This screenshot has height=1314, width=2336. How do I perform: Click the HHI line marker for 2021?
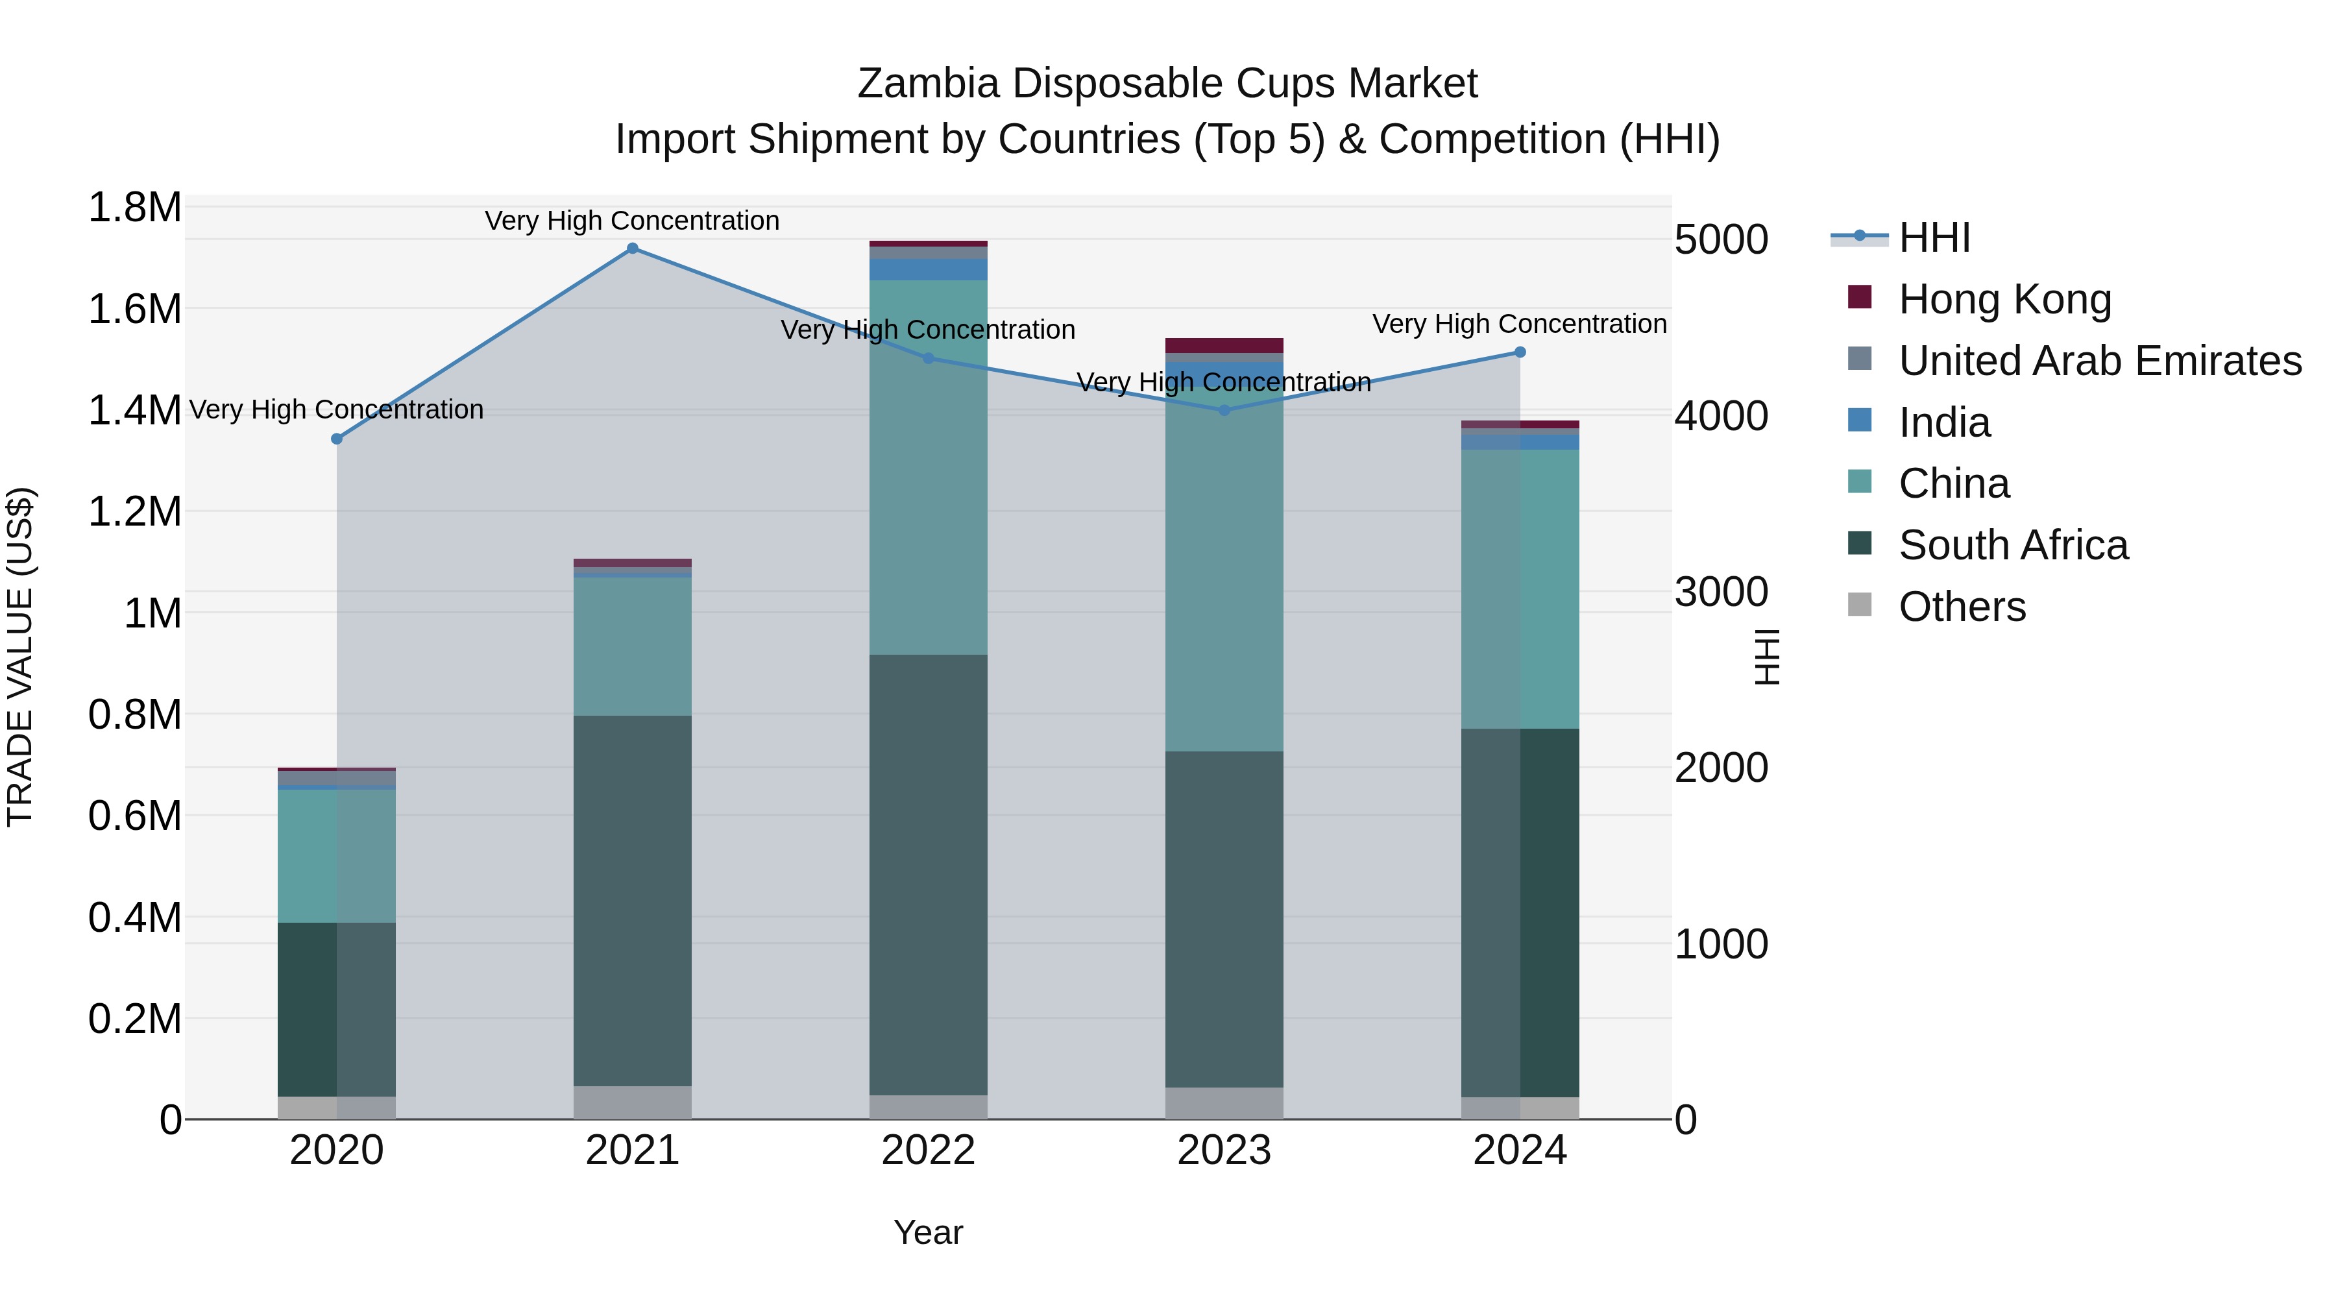coord(632,249)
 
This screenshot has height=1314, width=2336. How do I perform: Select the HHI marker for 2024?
coord(1520,352)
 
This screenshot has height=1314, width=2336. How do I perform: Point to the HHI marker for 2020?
coord(336,439)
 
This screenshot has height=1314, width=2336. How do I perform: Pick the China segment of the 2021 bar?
coord(632,646)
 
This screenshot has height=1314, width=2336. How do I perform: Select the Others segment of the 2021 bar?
coord(632,1102)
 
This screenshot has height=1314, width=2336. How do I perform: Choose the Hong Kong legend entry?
coord(2004,299)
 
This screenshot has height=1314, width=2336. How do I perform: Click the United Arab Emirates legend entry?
coord(2099,361)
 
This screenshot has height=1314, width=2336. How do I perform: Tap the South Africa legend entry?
coord(2012,545)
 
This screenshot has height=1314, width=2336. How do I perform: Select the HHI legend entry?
coord(1934,237)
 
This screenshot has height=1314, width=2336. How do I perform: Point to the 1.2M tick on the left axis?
coord(134,511)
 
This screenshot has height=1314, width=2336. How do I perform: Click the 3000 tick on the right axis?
coord(1720,592)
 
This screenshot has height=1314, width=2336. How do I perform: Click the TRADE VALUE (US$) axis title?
coord(20,657)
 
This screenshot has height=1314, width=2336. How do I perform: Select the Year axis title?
coord(928,1232)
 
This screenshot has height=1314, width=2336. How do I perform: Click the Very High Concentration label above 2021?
coord(632,221)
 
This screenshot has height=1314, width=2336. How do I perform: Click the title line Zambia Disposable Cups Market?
coord(1167,84)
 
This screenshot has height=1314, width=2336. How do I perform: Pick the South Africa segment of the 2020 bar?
coord(336,1008)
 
